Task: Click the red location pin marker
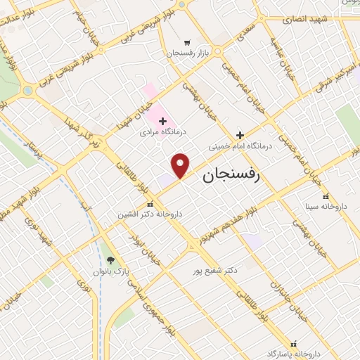click(x=181, y=165)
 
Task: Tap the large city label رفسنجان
click(x=231, y=175)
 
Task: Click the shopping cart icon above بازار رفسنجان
click(x=186, y=42)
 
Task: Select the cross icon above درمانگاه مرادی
click(x=162, y=122)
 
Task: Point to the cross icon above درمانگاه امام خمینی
click(x=240, y=135)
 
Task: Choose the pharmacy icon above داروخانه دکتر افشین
click(x=148, y=203)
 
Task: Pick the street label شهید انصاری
click(x=300, y=18)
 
